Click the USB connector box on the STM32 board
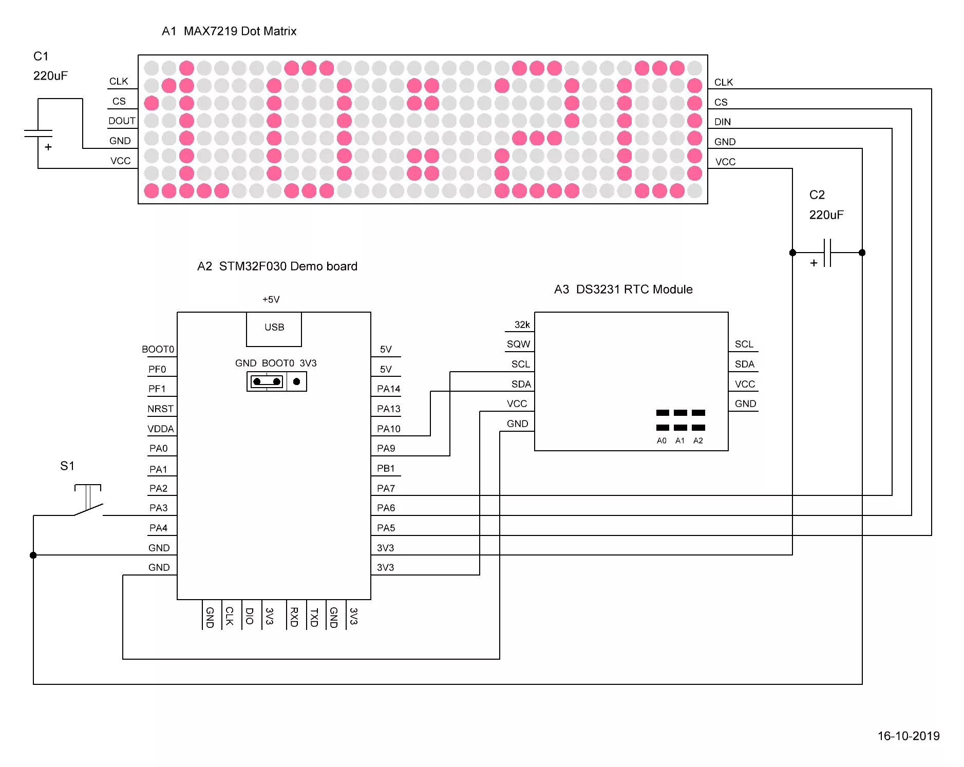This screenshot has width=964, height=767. (274, 329)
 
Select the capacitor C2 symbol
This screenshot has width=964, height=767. (827, 253)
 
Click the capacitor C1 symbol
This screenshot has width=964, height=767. (38, 133)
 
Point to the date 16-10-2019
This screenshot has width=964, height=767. (908, 736)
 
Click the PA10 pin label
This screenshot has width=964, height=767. (388, 429)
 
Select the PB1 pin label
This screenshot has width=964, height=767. (386, 468)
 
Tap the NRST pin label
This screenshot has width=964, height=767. (160, 409)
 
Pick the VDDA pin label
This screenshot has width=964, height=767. (160, 429)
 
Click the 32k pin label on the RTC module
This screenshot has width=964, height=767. (522, 324)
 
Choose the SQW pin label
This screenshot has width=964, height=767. (518, 344)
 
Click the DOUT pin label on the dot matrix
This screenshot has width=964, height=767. (122, 121)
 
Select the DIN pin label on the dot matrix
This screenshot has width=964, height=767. (722, 122)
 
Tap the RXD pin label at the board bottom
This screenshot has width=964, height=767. (294, 617)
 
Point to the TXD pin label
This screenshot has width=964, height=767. (314, 617)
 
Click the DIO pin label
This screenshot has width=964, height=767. (250, 616)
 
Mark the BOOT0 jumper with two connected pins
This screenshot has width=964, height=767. (267, 381)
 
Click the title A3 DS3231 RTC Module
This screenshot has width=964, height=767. (623, 290)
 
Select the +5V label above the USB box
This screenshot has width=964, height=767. (271, 299)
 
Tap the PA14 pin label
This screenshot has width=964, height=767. (388, 389)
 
